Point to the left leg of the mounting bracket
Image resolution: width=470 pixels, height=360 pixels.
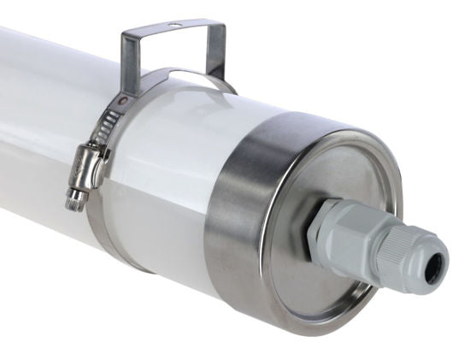point(129,64)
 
